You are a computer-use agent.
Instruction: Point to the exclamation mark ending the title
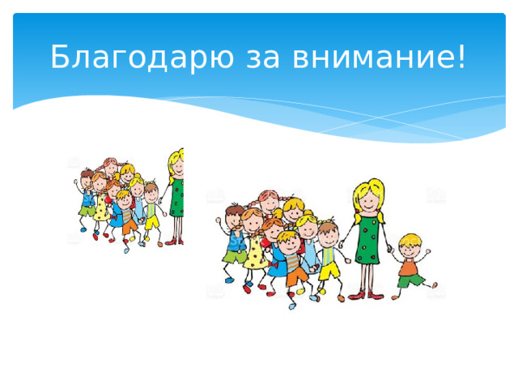tap(461, 57)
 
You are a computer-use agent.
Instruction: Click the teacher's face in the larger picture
tap(370, 198)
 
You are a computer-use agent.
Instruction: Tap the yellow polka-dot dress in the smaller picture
tap(100, 208)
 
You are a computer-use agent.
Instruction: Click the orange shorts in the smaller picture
tap(128, 226)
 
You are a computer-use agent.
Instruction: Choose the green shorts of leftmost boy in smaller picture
tap(85, 210)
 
